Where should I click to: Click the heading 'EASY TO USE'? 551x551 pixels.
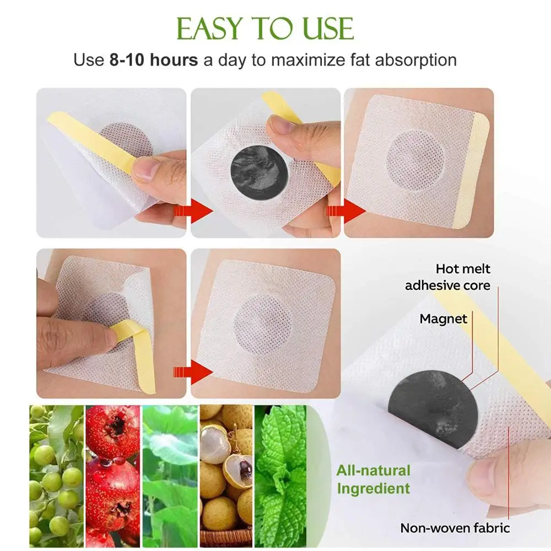[x=265, y=28]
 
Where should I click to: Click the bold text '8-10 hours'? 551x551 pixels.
[x=153, y=60]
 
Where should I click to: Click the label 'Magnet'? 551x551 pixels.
[x=443, y=318]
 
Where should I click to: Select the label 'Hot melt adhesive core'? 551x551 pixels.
[x=447, y=277]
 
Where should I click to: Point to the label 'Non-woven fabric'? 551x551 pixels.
[x=455, y=528]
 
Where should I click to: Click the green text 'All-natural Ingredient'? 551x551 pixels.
[x=374, y=479]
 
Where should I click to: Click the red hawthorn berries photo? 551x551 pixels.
[x=112, y=477]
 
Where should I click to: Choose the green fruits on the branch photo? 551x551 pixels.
[x=56, y=477]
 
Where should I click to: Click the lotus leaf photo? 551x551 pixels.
[x=170, y=477]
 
